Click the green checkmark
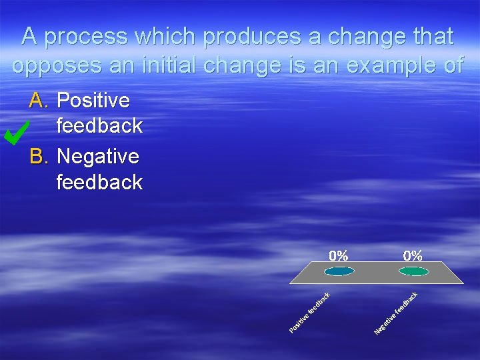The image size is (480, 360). click(15, 133)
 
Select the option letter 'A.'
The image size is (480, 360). click(39, 101)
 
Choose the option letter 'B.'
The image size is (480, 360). click(39, 157)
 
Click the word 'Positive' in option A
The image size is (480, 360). click(93, 101)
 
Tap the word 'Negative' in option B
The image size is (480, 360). click(98, 157)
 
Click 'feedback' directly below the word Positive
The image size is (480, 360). click(99, 125)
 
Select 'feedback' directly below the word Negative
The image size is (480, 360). click(99, 182)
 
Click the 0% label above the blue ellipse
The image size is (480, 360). click(338, 255)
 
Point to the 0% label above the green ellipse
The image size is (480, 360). click(413, 255)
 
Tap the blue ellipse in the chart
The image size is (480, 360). click(340, 271)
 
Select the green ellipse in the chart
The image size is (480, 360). click(414, 271)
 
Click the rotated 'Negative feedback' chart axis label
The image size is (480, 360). click(396, 313)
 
